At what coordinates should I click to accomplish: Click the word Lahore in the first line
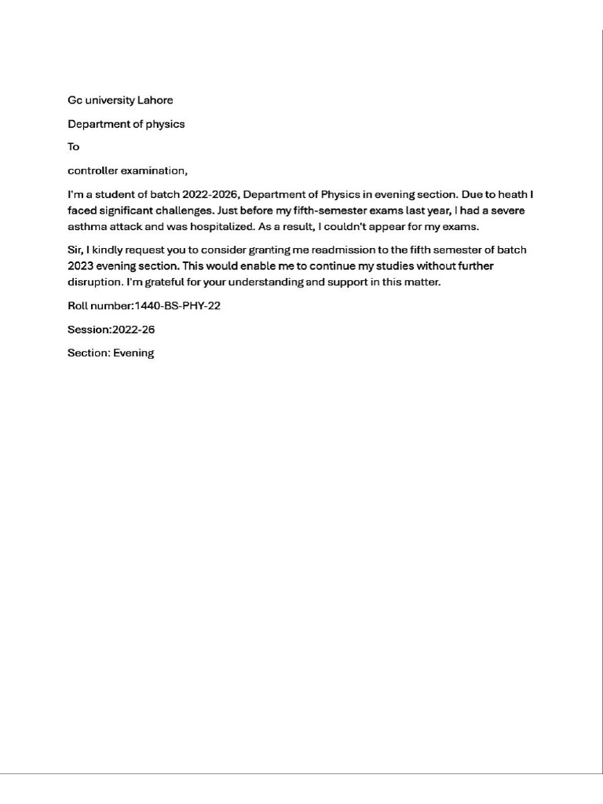click(x=155, y=100)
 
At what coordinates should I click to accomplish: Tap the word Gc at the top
click(x=75, y=100)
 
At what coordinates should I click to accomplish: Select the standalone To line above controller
click(x=74, y=147)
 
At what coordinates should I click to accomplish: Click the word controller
click(x=92, y=170)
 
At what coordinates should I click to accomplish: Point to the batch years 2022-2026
click(x=210, y=194)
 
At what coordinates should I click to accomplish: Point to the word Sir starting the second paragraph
click(x=75, y=250)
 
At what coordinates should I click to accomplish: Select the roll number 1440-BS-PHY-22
click(x=177, y=305)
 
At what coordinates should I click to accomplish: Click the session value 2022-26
click(x=133, y=330)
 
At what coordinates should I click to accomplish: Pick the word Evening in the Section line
click(x=133, y=353)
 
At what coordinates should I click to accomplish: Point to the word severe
click(x=506, y=210)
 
